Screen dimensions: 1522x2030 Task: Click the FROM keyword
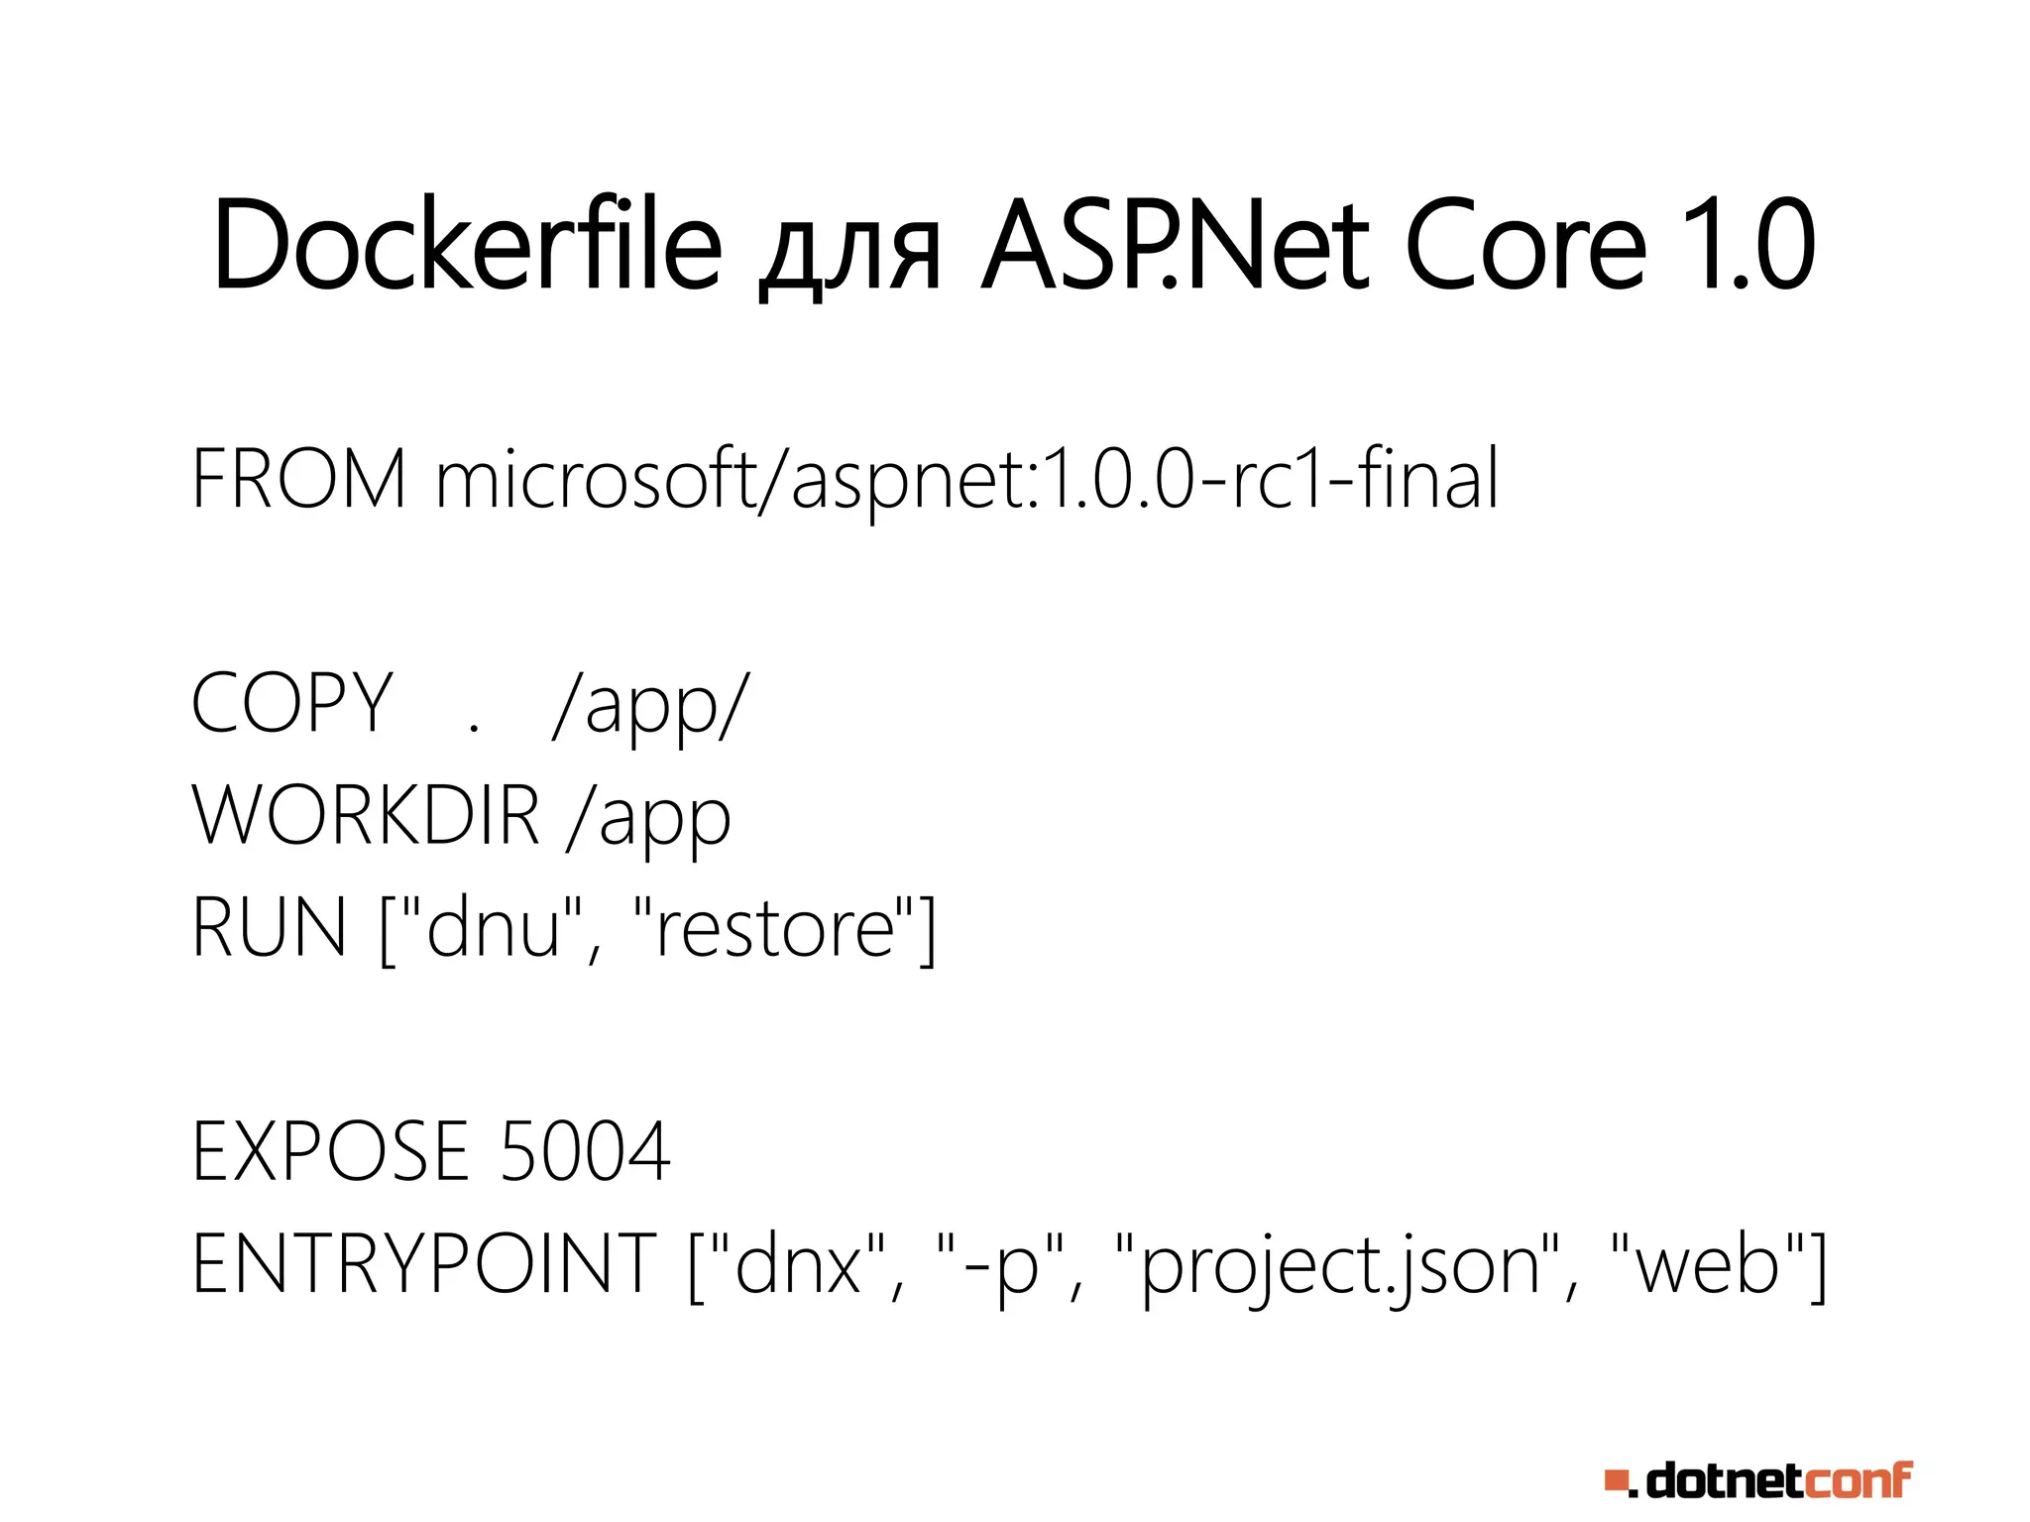(298, 479)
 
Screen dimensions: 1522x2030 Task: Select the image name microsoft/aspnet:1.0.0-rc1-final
(966, 481)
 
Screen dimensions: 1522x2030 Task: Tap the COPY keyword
(292, 703)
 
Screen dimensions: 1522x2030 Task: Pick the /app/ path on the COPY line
(650, 706)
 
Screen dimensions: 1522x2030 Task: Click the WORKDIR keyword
(366, 815)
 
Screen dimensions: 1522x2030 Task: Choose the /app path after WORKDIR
(649, 819)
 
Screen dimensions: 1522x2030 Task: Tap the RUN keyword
(269, 927)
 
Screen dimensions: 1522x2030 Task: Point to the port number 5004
(585, 1151)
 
